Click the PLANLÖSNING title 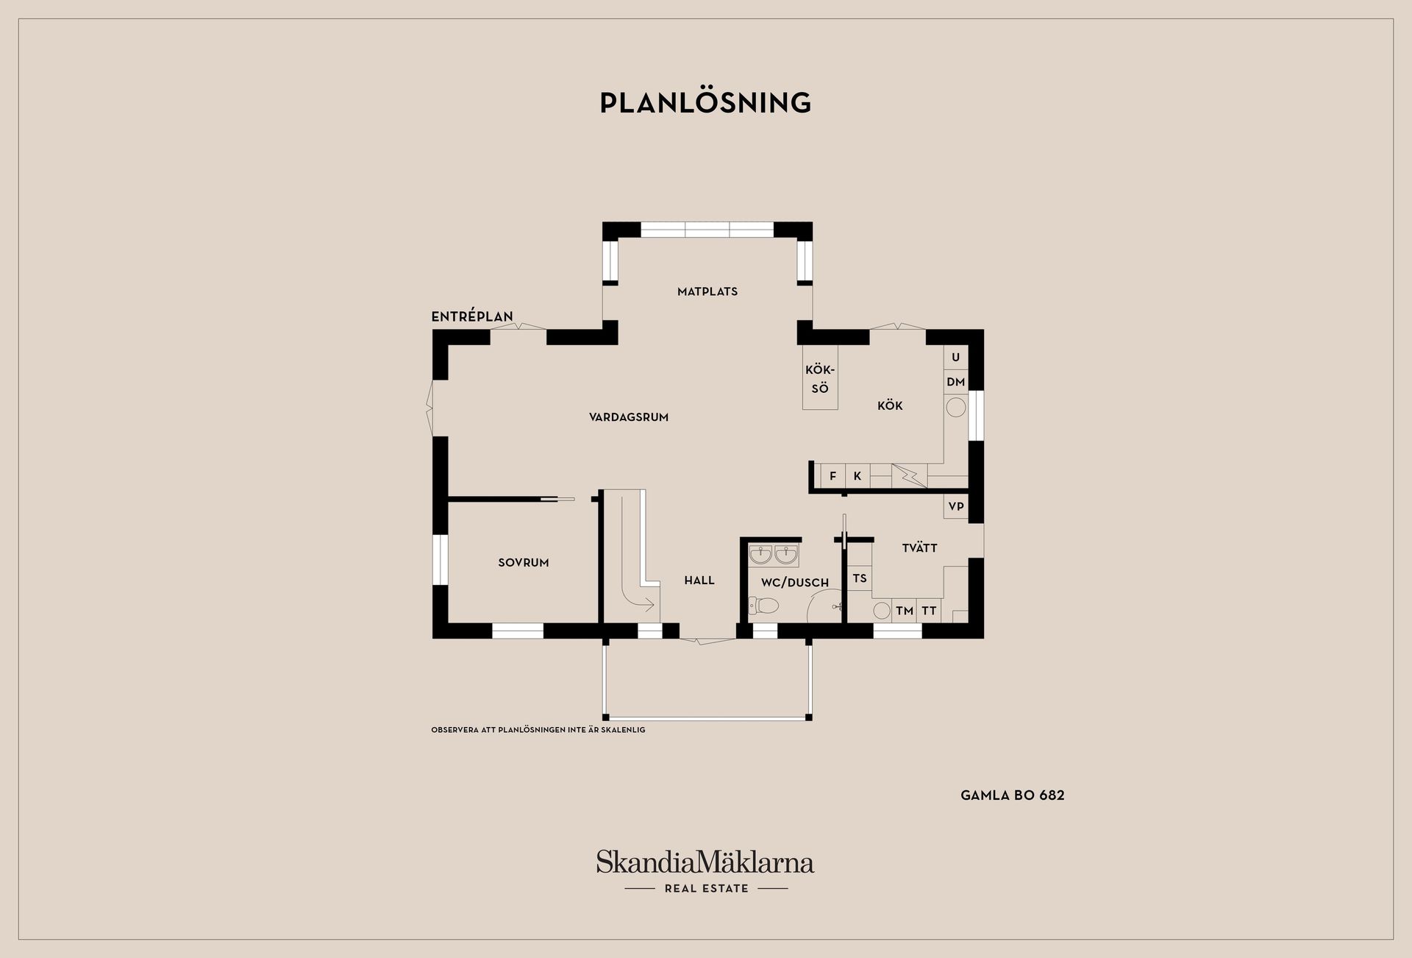pyautogui.click(x=705, y=102)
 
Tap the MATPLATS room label pyautogui.click(x=707, y=291)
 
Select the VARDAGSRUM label pyautogui.click(x=629, y=417)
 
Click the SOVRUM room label pyautogui.click(x=524, y=563)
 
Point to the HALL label pyautogui.click(x=699, y=581)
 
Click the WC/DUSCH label pyautogui.click(x=795, y=583)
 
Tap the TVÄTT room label pyautogui.click(x=920, y=547)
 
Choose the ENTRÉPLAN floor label pyautogui.click(x=472, y=316)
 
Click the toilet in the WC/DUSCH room pyautogui.click(x=763, y=606)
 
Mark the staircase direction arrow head pyautogui.click(x=649, y=606)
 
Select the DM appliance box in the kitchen pyautogui.click(x=956, y=382)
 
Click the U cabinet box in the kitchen pyautogui.click(x=956, y=358)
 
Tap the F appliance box pyautogui.click(x=833, y=476)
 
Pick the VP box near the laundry pyautogui.click(x=956, y=506)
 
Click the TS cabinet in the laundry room pyautogui.click(x=860, y=578)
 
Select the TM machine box pyautogui.click(x=905, y=611)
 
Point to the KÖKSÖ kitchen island pyautogui.click(x=820, y=378)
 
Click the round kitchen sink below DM pyautogui.click(x=956, y=407)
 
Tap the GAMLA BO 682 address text pyautogui.click(x=1013, y=795)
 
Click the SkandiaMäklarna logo pyautogui.click(x=705, y=872)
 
